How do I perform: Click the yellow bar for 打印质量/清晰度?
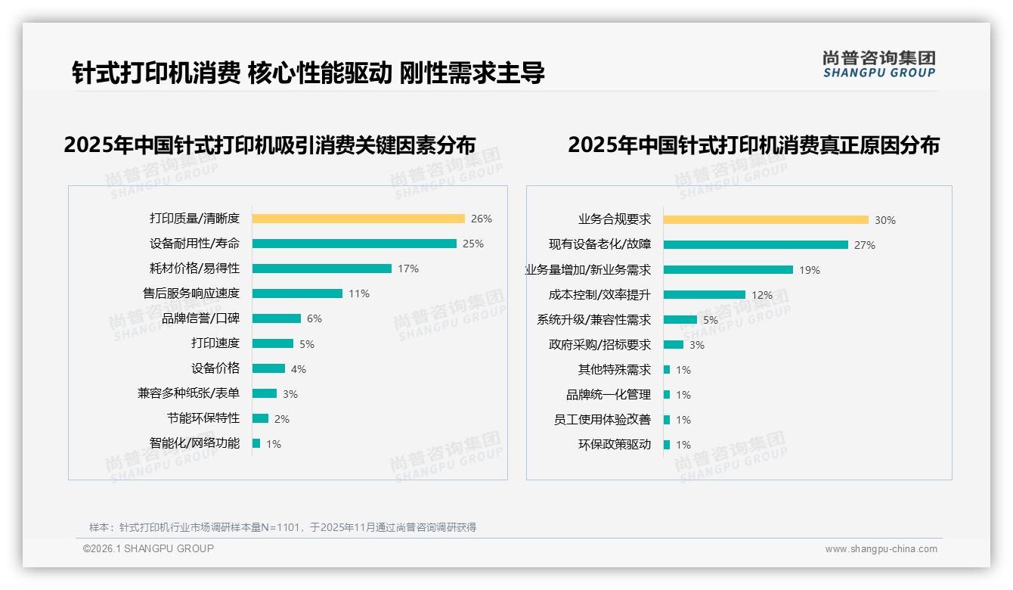(x=358, y=219)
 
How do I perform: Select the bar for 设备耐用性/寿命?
(x=354, y=244)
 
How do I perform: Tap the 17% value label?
(x=407, y=269)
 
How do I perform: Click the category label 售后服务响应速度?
(x=191, y=293)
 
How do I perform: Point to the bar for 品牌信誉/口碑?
(x=276, y=318)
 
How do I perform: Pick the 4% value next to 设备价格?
(x=298, y=369)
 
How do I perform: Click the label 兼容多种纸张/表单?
(x=188, y=393)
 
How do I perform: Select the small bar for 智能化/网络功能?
(x=256, y=443)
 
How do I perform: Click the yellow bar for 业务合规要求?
(x=766, y=220)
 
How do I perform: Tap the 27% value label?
(x=864, y=245)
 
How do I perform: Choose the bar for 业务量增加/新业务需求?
(x=728, y=270)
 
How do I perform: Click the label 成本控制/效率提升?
(x=599, y=295)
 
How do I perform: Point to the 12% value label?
(x=762, y=295)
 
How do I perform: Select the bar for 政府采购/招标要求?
(x=673, y=345)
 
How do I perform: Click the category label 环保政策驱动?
(x=615, y=445)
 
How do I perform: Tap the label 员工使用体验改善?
(x=603, y=420)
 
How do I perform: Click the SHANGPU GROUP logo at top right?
(x=878, y=64)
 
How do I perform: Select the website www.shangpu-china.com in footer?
(x=881, y=549)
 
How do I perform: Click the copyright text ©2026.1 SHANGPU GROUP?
(x=148, y=548)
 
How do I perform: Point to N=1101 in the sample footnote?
(x=284, y=527)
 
